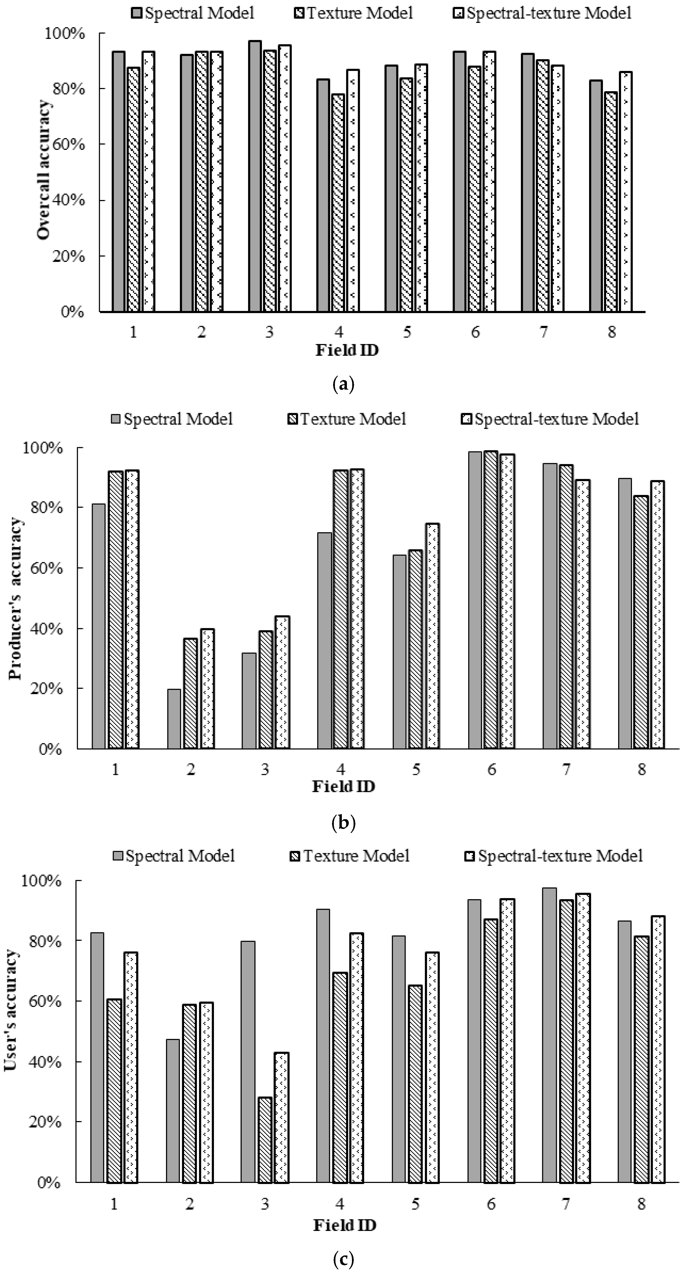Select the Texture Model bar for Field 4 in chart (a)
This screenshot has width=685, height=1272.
coord(338,202)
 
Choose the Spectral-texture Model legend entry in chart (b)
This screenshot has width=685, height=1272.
coord(550,419)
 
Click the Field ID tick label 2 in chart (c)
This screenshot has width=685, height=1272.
coord(189,1204)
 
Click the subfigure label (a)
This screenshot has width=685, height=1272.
coord(343,384)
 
